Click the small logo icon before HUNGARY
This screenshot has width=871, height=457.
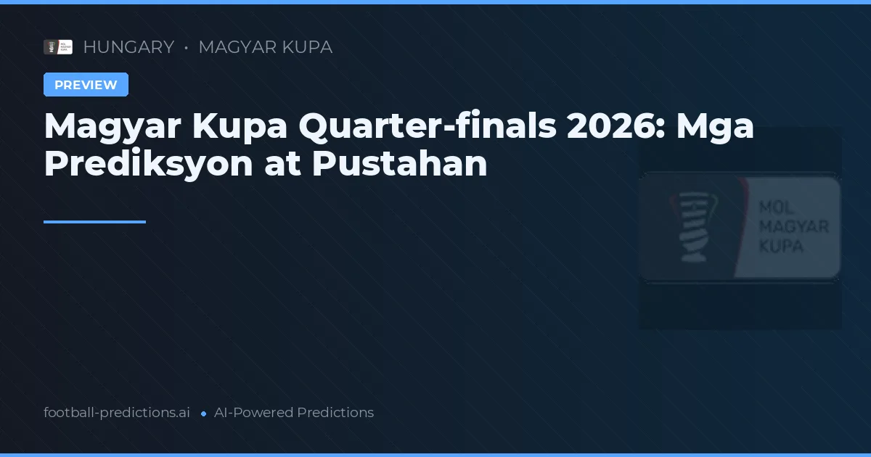(58, 47)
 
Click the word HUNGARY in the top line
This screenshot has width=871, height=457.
(128, 47)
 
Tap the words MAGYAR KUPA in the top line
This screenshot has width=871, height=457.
(265, 47)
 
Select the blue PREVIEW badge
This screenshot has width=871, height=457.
(86, 85)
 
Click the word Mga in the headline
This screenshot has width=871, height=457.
(715, 127)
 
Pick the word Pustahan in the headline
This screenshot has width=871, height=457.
(399, 164)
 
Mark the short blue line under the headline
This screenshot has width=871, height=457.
(94, 222)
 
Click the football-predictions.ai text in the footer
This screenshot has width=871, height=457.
(117, 413)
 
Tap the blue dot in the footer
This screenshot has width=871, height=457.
(204, 413)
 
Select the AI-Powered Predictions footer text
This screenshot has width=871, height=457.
(294, 413)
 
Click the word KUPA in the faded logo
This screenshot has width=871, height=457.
(780, 246)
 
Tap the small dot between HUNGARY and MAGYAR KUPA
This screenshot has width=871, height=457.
(187, 48)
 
